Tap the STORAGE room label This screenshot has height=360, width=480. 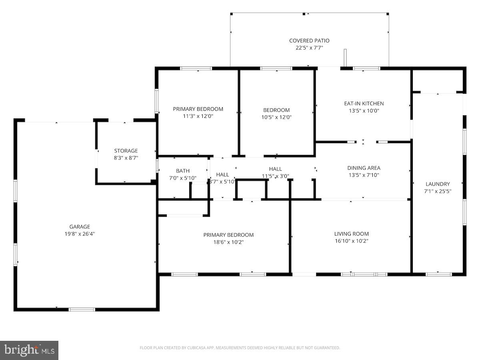point(126,151)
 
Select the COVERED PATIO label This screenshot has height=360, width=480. point(309,40)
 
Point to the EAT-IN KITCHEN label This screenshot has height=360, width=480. point(364,103)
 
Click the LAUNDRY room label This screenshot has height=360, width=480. point(438,184)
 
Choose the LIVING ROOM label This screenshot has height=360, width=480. point(351,234)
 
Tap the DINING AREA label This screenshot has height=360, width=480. point(363,168)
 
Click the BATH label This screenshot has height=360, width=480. point(183,171)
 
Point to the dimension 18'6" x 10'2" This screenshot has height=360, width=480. point(228,242)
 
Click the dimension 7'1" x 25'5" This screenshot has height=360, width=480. point(438,191)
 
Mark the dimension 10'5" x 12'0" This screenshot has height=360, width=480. point(276,117)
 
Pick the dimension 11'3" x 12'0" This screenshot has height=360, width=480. point(198,116)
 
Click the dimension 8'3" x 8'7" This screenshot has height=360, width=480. point(126,158)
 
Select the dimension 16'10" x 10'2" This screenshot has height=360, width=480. point(351,241)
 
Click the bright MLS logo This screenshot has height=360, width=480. point(29,350)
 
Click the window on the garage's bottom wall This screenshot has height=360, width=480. point(82,309)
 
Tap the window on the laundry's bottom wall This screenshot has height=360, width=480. point(438,274)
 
